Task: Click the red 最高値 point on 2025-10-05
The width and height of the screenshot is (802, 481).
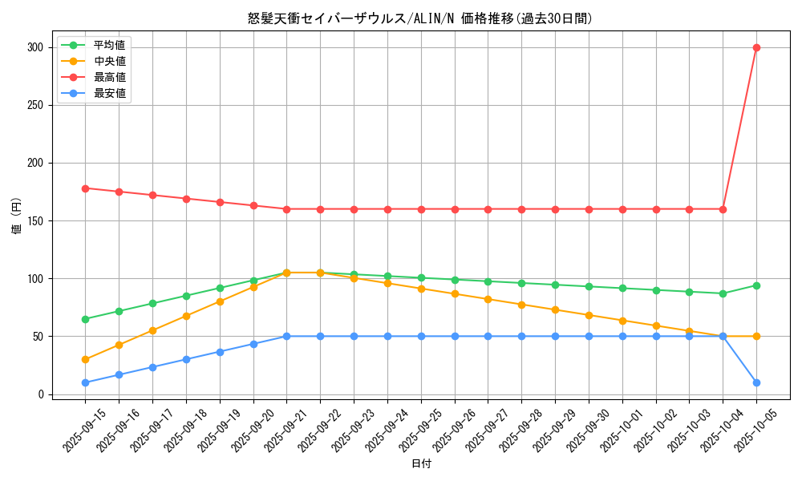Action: [x=756, y=47]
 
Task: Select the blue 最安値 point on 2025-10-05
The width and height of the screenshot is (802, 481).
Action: [x=756, y=382]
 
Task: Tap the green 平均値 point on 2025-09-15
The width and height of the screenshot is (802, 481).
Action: [x=85, y=319]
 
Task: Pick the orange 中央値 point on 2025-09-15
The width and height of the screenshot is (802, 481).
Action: [x=85, y=359]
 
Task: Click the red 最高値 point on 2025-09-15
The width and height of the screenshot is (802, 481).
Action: [x=85, y=188]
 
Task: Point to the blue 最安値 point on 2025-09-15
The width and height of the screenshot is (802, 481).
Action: [x=85, y=382]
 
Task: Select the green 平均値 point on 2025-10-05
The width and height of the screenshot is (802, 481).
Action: [x=756, y=285]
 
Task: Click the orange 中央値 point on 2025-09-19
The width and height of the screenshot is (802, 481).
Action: [x=220, y=301]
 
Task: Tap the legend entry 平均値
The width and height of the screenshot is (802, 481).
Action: [x=109, y=45]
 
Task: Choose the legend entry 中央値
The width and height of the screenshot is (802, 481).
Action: [x=109, y=61]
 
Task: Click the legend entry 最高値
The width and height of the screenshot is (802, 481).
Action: [x=109, y=77]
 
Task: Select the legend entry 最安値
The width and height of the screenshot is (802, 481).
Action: [x=109, y=93]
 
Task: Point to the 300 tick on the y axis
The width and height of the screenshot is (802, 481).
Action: [x=35, y=47]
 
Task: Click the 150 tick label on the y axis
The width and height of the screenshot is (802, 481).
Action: [x=35, y=220]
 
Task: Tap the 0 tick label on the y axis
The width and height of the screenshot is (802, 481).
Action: [x=41, y=394]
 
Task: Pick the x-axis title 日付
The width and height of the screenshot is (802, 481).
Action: [x=421, y=464]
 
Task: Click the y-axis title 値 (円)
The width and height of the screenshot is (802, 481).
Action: [x=17, y=216]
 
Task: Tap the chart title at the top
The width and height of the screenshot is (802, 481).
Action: [x=420, y=18]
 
